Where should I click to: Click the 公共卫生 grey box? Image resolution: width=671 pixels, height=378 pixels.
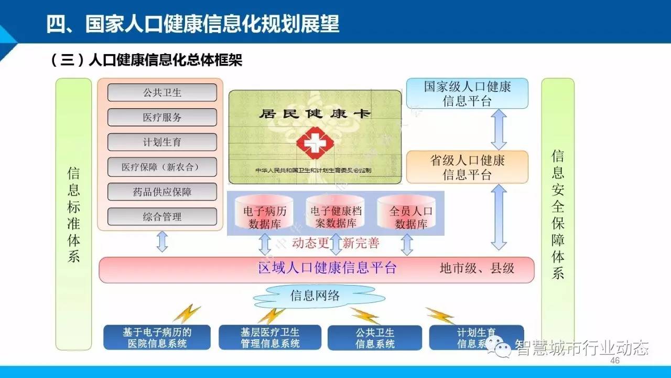coord(162,93)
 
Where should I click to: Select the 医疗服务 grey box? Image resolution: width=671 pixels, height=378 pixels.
coord(162,118)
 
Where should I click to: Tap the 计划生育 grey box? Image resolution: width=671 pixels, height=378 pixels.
coord(162,142)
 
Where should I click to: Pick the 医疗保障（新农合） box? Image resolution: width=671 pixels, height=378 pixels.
coord(162,167)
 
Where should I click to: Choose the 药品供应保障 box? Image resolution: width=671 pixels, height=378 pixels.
coord(162,192)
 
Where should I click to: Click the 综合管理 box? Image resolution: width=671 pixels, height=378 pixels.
coord(162,216)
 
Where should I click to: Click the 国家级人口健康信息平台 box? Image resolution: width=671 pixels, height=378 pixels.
coord(467,93)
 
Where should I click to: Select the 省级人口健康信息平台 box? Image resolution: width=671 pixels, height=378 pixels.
coord(467,167)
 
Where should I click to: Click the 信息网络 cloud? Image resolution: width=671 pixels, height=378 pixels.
coord(315,296)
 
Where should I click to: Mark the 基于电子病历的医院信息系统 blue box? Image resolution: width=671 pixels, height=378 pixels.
coord(157,338)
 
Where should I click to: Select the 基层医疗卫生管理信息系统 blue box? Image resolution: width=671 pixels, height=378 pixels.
coord(270,338)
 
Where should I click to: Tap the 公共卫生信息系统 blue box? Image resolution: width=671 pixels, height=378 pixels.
coord(375,338)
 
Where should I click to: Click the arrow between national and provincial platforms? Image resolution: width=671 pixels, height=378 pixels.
coord(499,129)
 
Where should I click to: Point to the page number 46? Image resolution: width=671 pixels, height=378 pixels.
coord(615,361)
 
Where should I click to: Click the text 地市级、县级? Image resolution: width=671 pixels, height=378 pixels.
coord(477,269)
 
